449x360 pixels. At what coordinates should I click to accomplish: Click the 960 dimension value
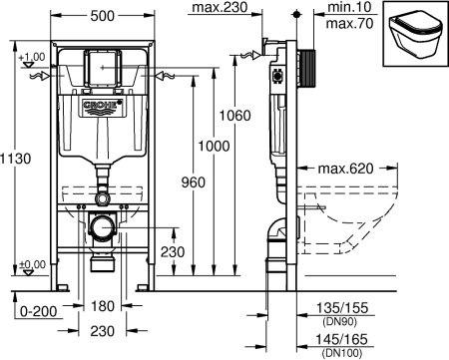coord(182,182)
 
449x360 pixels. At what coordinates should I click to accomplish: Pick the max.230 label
coord(220,9)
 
